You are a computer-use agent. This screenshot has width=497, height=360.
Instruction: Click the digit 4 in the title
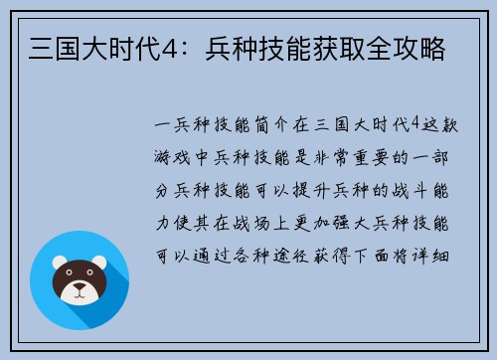tap(172, 47)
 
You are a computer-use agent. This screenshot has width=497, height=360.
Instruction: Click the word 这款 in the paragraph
tap(443, 126)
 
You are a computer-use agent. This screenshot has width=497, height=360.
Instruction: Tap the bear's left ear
tap(59, 261)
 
